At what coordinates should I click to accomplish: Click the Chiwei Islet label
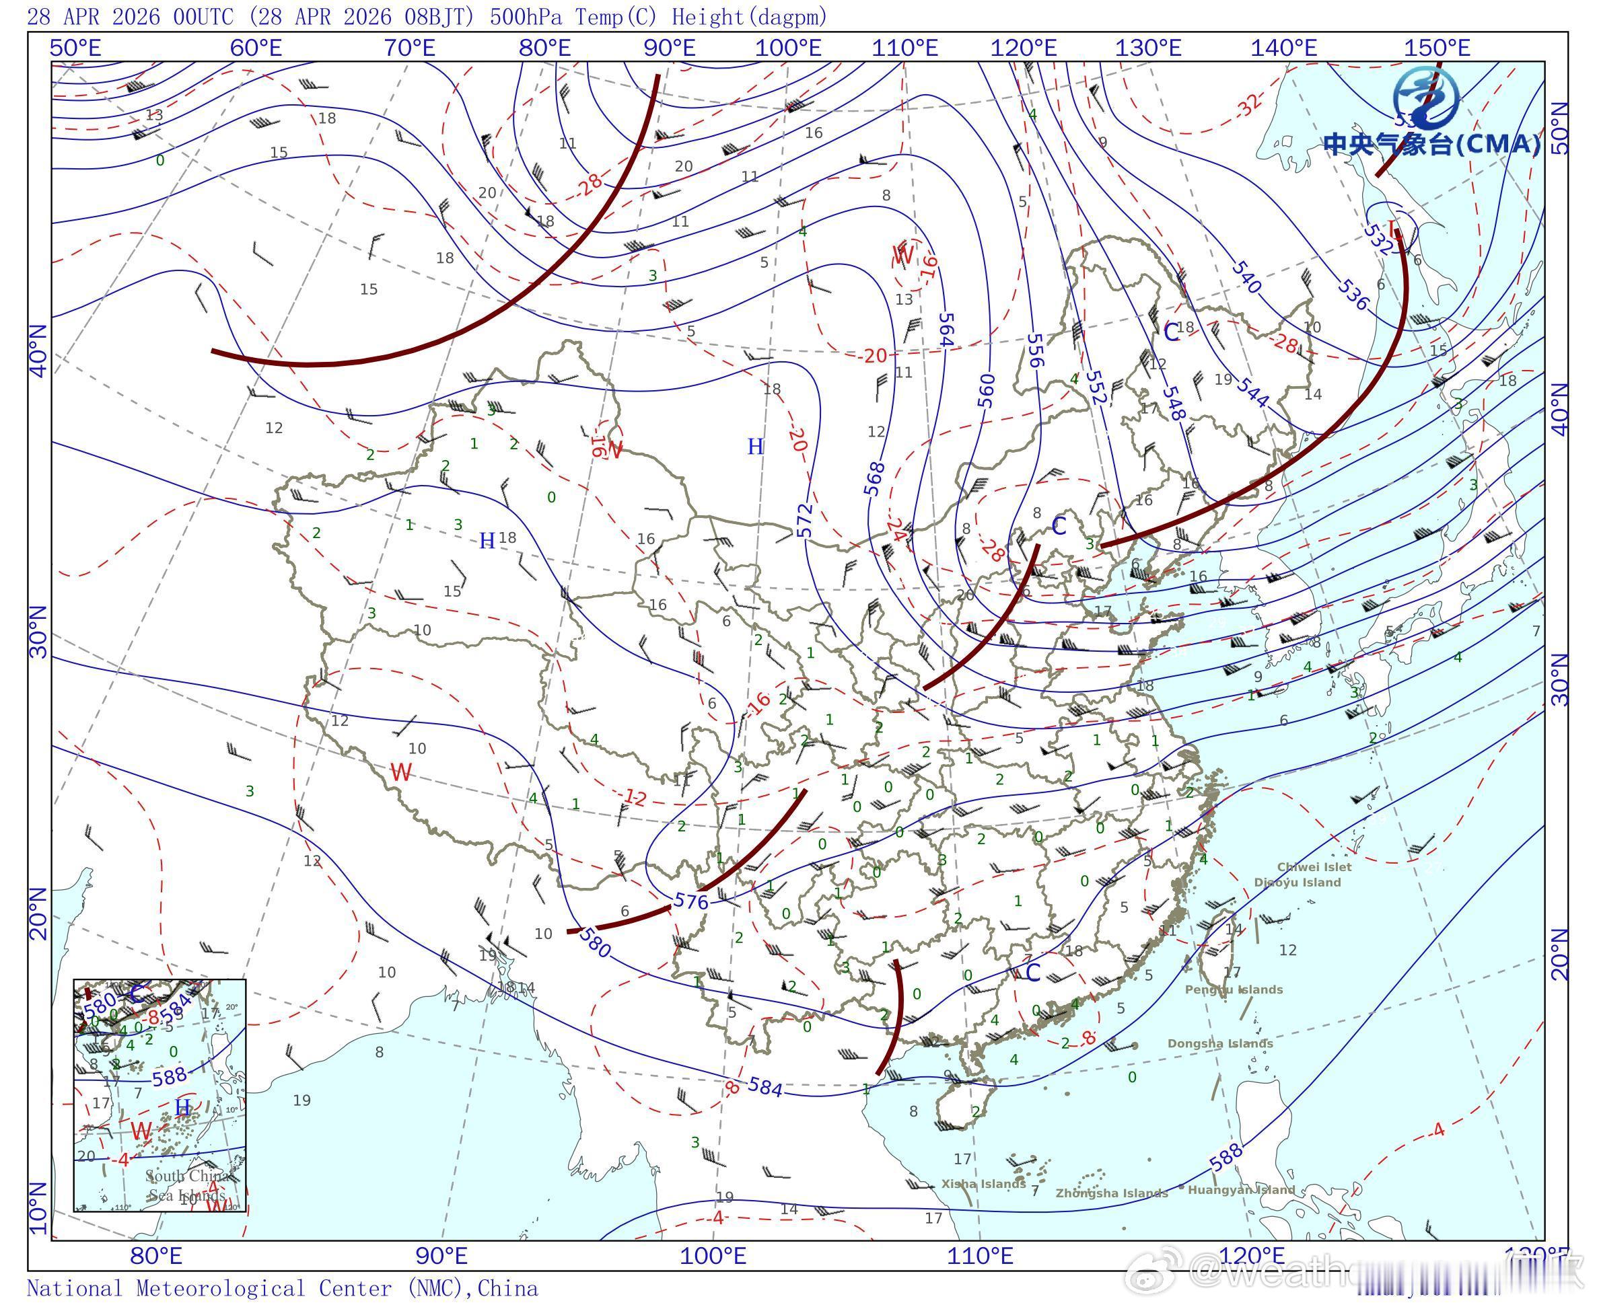(x=1314, y=867)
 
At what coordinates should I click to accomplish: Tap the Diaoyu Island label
(x=1297, y=882)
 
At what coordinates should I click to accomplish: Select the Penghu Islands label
(x=1234, y=989)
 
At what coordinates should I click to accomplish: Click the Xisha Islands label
(x=983, y=1183)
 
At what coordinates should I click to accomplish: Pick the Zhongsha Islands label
(x=1111, y=1193)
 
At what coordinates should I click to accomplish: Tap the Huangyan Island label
(x=1241, y=1189)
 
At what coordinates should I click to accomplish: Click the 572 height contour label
(x=806, y=519)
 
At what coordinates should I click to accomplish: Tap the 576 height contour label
(x=690, y=900)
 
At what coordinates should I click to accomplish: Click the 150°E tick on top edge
(x=1437, y=48)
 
